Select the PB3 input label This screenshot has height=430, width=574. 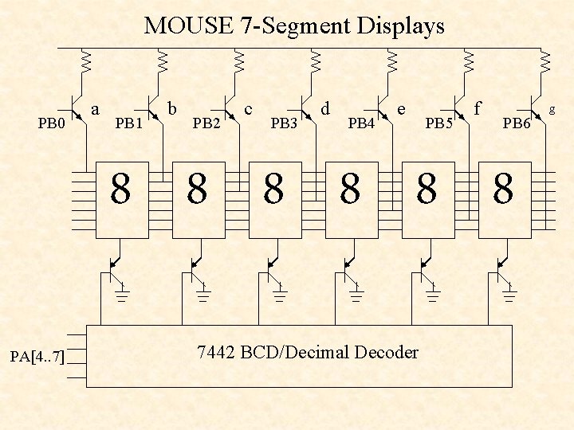pos(284,123)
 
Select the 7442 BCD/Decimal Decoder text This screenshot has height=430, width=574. pos(307,352)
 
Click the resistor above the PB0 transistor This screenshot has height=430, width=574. pos(86,61)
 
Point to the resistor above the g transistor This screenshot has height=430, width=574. pos(545,61)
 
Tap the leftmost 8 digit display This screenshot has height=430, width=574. pos(121,191)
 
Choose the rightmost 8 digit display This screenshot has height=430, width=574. pos(503,191)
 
